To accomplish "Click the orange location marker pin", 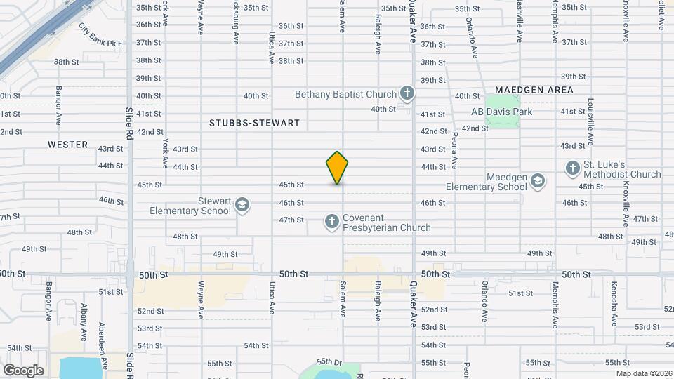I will point(337,167).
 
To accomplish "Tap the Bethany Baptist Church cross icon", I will point(407,93).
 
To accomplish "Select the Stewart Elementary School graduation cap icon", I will point(242,204).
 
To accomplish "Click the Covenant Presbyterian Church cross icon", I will point(331,222).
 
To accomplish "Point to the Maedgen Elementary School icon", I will point(537,181).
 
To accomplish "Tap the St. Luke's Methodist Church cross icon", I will point(572,168).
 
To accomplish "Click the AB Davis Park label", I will point(501,112).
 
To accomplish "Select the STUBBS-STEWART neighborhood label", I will point(254,123).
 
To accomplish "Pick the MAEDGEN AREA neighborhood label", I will point(534,90).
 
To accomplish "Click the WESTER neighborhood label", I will point(68,145).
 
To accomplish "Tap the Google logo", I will point(23,370).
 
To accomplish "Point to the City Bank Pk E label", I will point(100,36).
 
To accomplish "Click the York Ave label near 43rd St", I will point(166,152).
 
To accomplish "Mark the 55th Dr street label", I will point(328,362).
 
